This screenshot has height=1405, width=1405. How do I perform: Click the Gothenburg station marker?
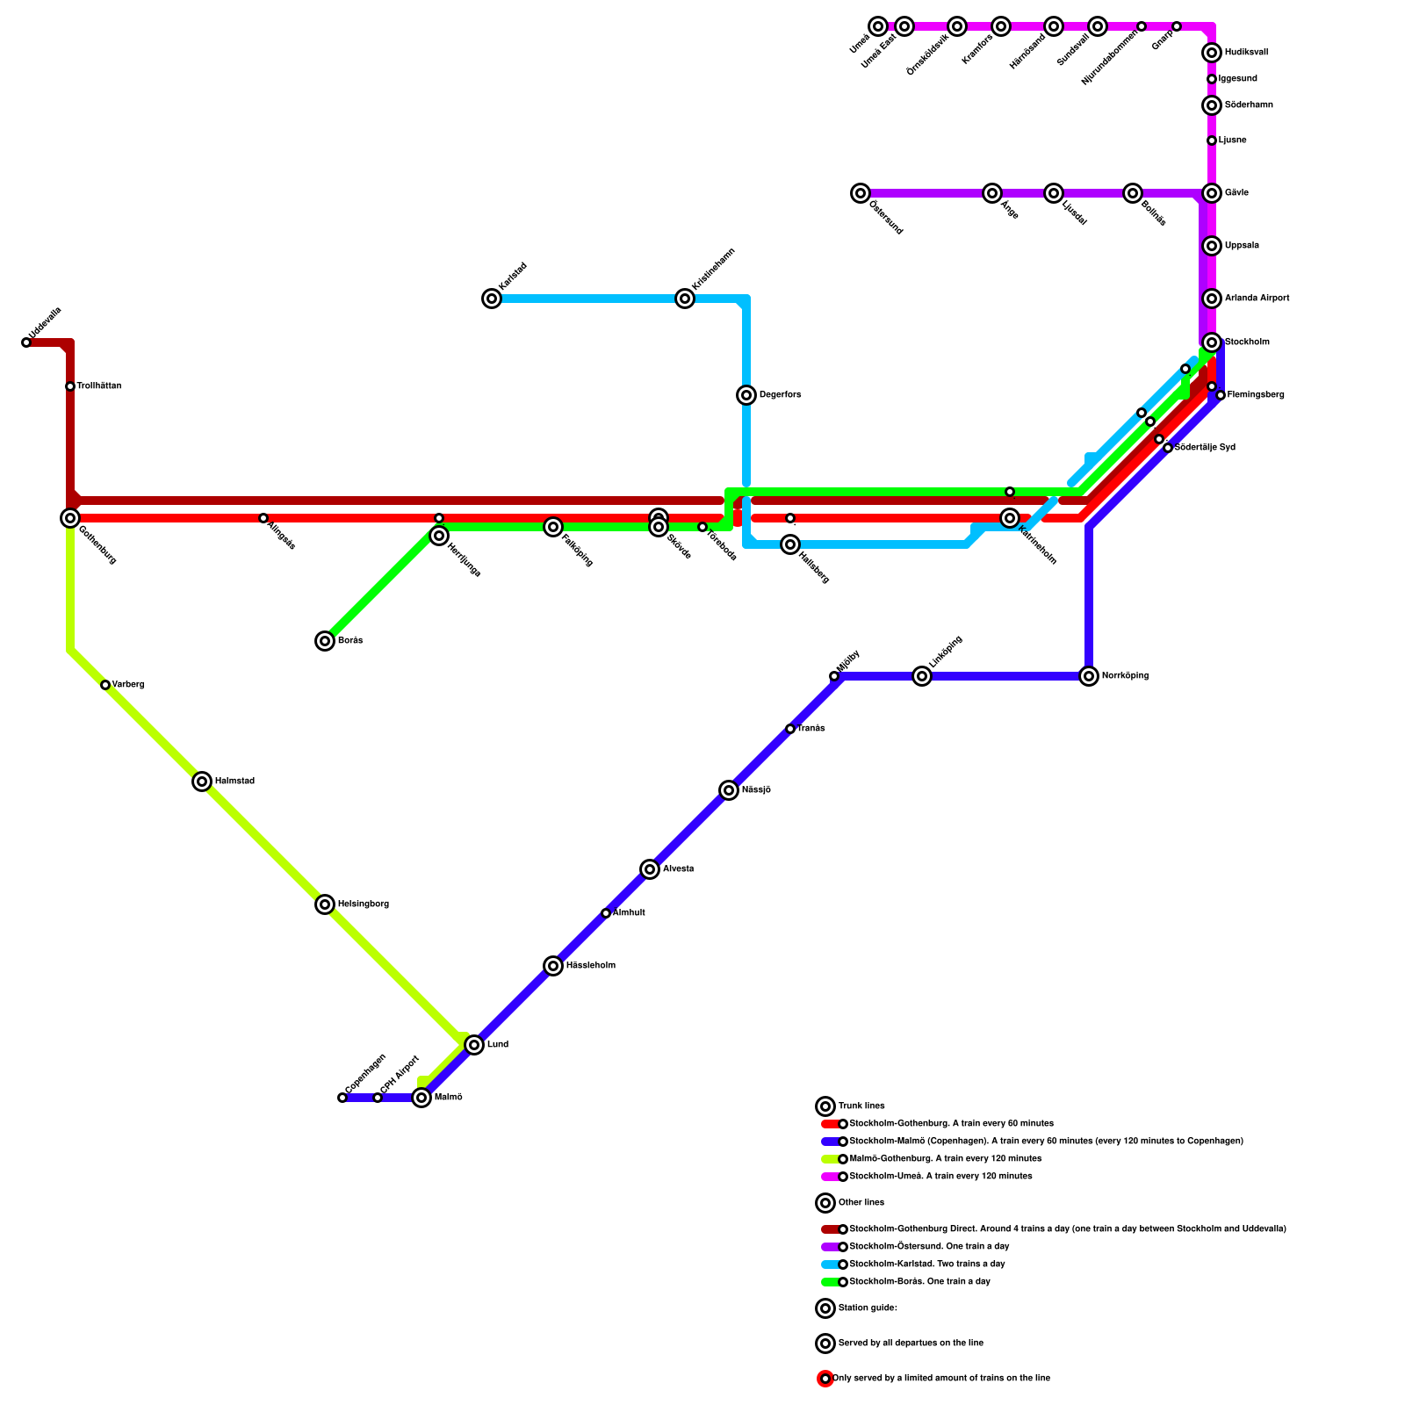click(70, 518)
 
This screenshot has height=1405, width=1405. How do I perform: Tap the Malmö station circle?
click(421, 1098)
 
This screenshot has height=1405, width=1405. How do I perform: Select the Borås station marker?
click(325, 641)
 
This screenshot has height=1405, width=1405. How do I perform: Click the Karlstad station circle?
click(492, 299)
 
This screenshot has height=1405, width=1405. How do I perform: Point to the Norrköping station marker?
click(1089, 676)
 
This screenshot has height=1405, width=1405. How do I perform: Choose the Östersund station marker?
click(861, 193)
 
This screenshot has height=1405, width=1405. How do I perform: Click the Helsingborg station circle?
click(325, 904)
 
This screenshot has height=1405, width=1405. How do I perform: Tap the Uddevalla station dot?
click(26, 342)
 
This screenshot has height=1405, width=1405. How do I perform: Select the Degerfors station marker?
click(746, 395)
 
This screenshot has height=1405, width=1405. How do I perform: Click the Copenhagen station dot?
click(342, 1098)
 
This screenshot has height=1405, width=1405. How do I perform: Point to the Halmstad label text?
click(234, 782)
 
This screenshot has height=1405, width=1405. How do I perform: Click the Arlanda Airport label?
click(1257, 299)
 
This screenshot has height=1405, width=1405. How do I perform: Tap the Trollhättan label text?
click(98, 386)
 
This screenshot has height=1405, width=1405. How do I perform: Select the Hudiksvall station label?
click(1246, 53)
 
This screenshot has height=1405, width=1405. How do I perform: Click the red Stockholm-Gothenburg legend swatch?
click(830, 1124)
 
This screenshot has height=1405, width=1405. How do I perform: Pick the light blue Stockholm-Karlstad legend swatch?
click(830, 1264)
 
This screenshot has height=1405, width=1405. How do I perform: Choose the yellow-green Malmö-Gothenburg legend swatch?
click(830, 1159)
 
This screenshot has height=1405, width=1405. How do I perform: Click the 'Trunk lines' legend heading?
click(861, 1106)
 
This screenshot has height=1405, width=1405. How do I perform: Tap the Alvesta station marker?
click(650, 869)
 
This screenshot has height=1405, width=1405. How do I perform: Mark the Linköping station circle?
click(922, 676)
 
